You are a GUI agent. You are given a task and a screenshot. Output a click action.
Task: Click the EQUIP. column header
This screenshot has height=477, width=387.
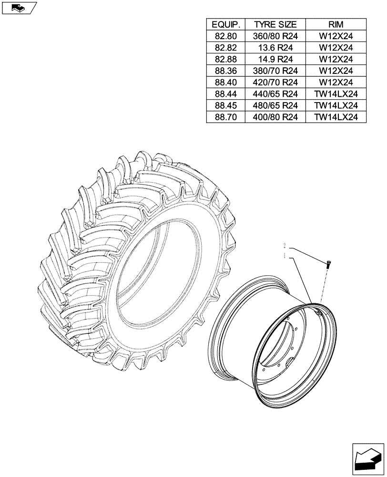[x=226, y=25]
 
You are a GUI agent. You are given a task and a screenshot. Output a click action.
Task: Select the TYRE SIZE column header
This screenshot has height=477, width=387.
[x=275, y=25]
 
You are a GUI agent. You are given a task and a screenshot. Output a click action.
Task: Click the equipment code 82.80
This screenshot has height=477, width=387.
[x=226, y=36]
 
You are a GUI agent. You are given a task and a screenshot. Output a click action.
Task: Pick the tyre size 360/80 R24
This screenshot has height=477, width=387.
[x=275, y=36]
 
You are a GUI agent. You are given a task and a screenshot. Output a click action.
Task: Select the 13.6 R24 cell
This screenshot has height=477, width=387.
[x=275, y=48]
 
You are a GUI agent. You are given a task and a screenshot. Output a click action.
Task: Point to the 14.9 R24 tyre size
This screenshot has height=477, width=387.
[x=275, y=59]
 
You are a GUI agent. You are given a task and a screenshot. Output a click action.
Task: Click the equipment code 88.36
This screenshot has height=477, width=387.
[x=226, y=71]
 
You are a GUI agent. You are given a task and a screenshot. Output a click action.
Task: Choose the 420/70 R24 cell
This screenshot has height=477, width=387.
[x=275, y=83]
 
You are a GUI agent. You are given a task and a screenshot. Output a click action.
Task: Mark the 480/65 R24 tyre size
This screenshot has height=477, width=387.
[x=275, y=105]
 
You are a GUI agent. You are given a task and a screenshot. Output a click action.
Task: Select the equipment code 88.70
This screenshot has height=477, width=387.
[x=226, y=117]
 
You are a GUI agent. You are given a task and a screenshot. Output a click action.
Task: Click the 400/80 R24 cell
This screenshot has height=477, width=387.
[x=275, y=117]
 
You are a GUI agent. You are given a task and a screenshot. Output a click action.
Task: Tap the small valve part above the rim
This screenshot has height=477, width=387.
[x=329, y=263]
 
